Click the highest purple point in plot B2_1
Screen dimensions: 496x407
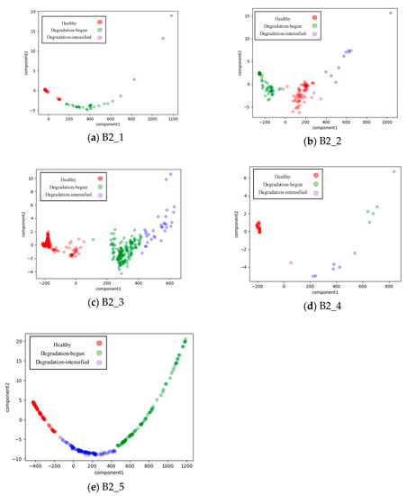tap(171, 15)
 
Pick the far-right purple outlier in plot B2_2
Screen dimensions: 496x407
tap(390, 13)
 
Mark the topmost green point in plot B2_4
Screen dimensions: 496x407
tap(393, 171)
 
